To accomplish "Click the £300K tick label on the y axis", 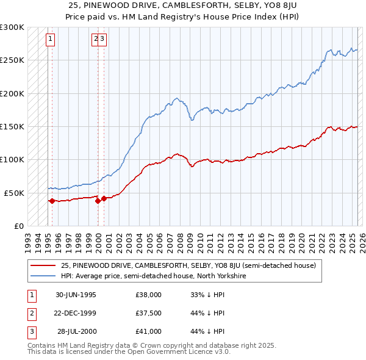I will (x=12, y=27).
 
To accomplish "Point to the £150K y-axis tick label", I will (x=12, y=126).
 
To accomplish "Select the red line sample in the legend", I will (x=43, y=265).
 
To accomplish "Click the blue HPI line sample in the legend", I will (x=43, y=276).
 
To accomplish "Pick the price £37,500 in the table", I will (x=148, y=313).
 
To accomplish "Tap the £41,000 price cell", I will (x=148, y=331).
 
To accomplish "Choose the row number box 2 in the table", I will (x=30, y=313).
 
